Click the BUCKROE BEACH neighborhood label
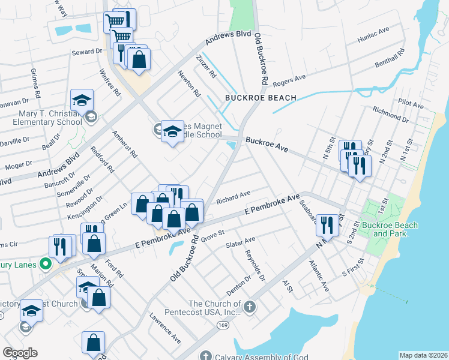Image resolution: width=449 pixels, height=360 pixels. click(261, 98)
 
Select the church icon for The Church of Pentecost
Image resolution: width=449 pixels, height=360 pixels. click(250, 308)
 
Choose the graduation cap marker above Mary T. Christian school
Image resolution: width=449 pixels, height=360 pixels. click(82, 101)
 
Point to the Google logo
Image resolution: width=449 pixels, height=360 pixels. click(20, 353)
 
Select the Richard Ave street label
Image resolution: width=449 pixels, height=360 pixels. click(233, 196)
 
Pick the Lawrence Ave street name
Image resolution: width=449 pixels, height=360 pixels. click(165, 328)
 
